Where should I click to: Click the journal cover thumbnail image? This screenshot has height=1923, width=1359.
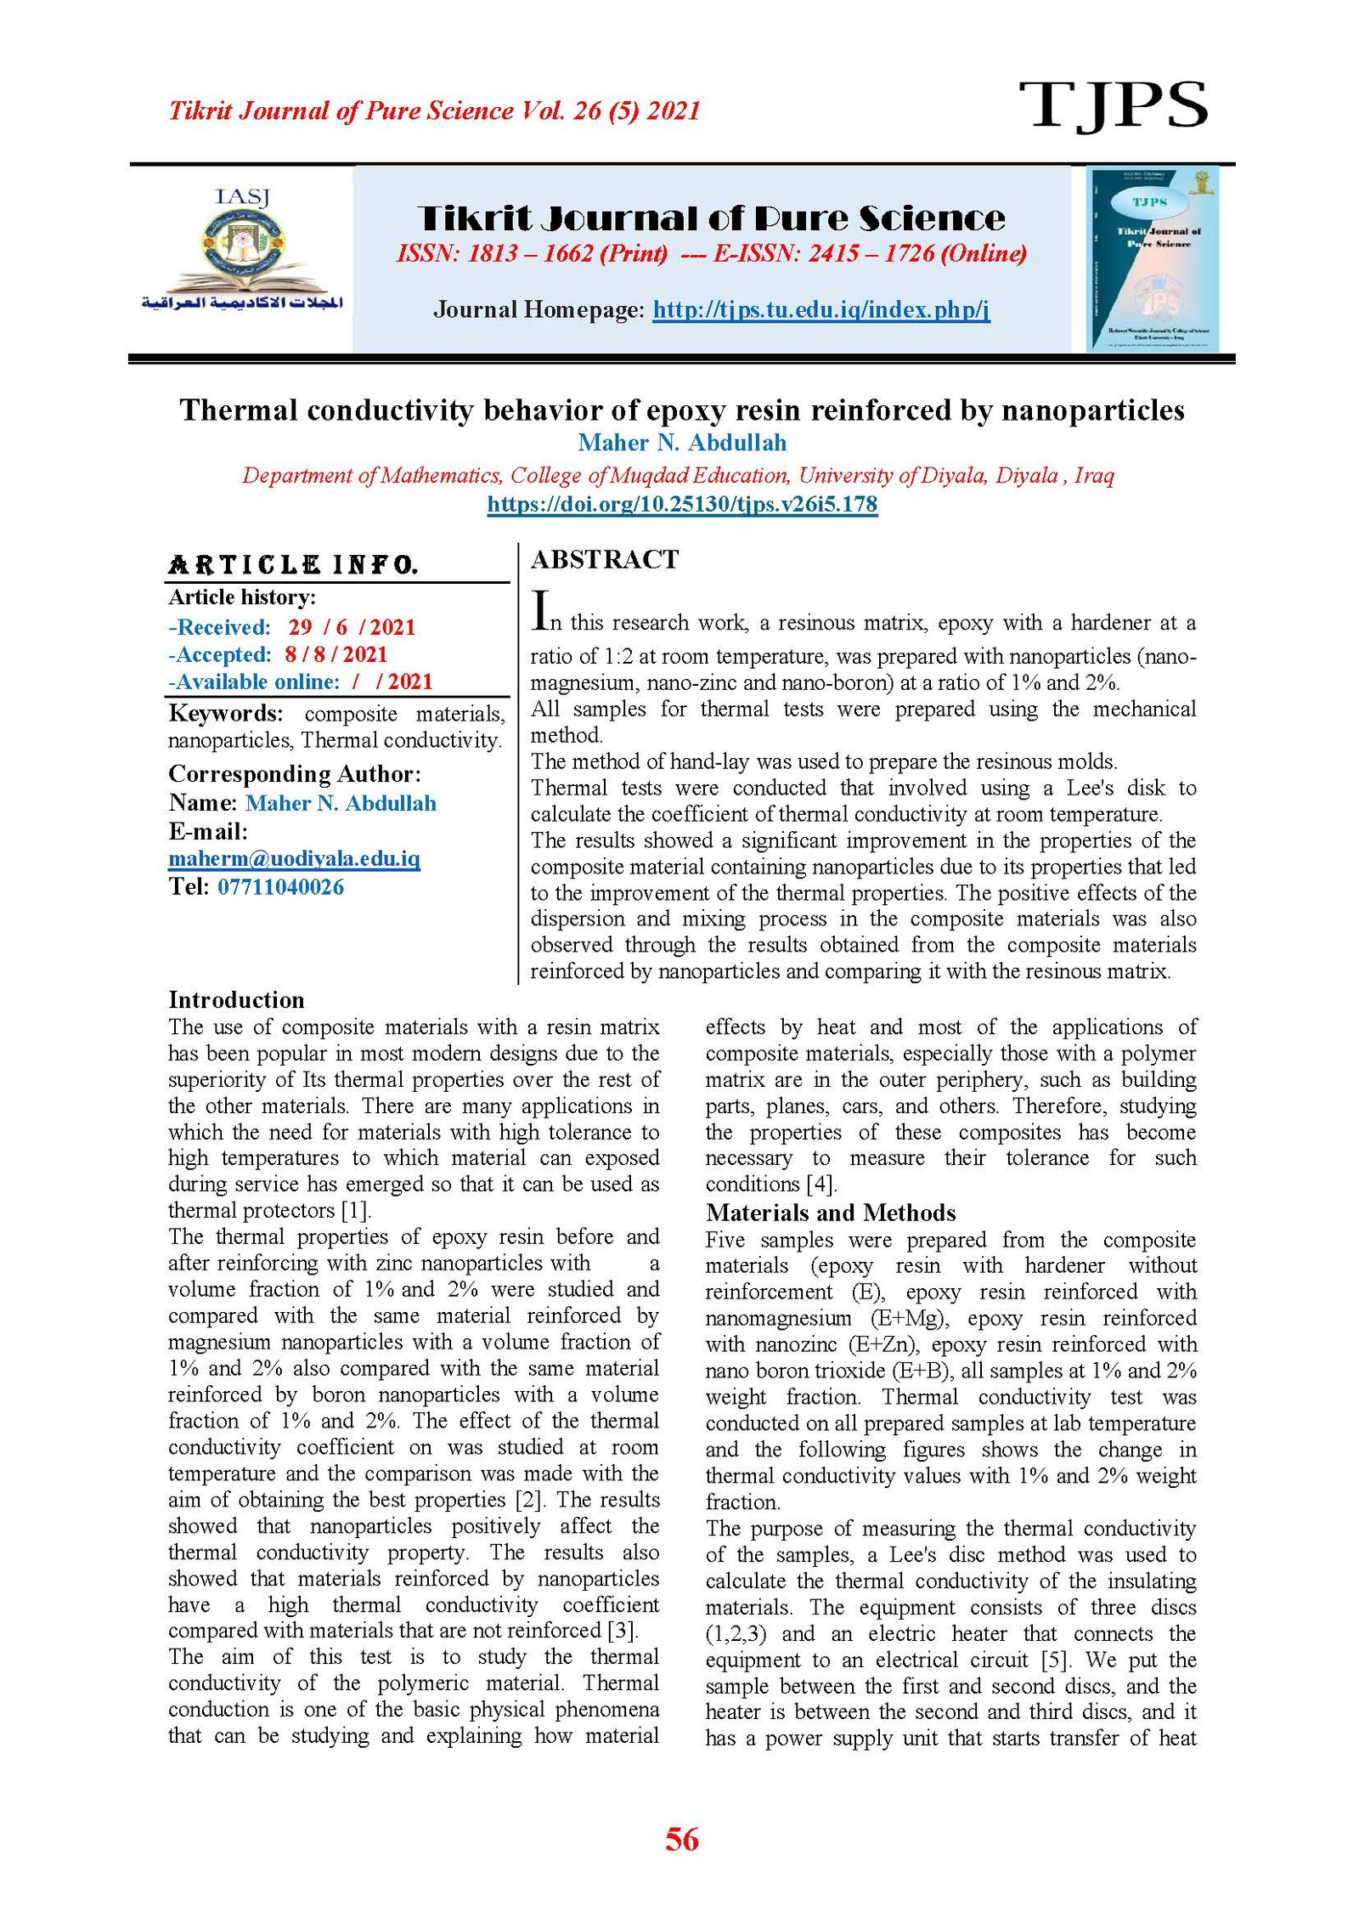(x=1153, y=259)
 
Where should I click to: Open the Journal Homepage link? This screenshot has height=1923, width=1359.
(x=820, y=309)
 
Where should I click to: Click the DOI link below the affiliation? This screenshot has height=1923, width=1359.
(x=681, y=504)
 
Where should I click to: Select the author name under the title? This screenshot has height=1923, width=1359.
(x=681, y=443)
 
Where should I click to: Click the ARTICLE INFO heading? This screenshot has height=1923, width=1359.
(x=293, y=565)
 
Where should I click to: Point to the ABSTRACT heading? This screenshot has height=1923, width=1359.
(x=605, y=559)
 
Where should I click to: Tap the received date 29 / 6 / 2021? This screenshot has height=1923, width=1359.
(x=352, y=627)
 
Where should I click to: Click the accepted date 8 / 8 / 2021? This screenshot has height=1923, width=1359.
(x=336, y=654)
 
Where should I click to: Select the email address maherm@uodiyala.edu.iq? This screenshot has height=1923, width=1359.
(x=294, y=858)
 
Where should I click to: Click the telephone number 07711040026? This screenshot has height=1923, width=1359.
(x=280, y=887)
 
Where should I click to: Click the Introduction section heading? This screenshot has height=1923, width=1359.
(x=236, y=999)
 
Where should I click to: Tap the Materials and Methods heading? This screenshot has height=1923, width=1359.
(x=830, y=1213)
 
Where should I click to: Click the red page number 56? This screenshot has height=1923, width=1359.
(x=681, y=1839)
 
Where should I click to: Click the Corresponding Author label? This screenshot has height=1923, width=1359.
(x=294, y=774)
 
